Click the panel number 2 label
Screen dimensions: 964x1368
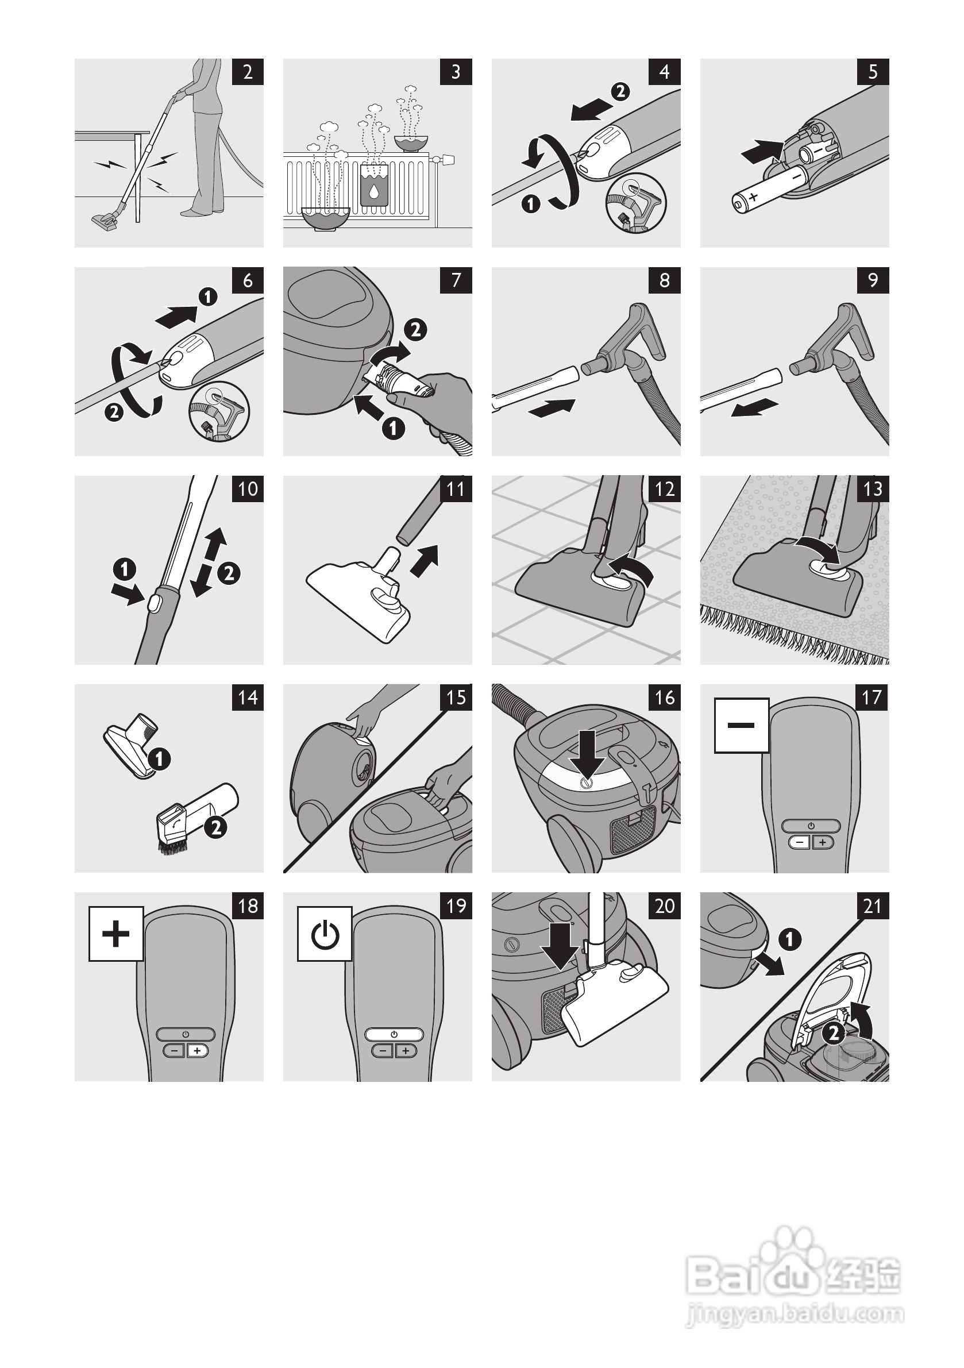(x=248, y=72)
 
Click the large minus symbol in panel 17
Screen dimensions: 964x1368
(x=741, y=725)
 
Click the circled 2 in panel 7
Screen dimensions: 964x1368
(x=415, y=329)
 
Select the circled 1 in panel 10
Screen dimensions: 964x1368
(x=125, y=569)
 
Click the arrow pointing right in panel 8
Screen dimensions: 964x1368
(x=552, y=408)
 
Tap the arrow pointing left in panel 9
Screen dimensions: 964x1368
(x=755, y=408)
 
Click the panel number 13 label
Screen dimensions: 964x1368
(x=873, y=489)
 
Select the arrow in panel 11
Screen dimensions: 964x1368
(x=425, y=560)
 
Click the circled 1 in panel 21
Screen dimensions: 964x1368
(x=789, y=939)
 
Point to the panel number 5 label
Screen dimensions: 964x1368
(x=873, y=72)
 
